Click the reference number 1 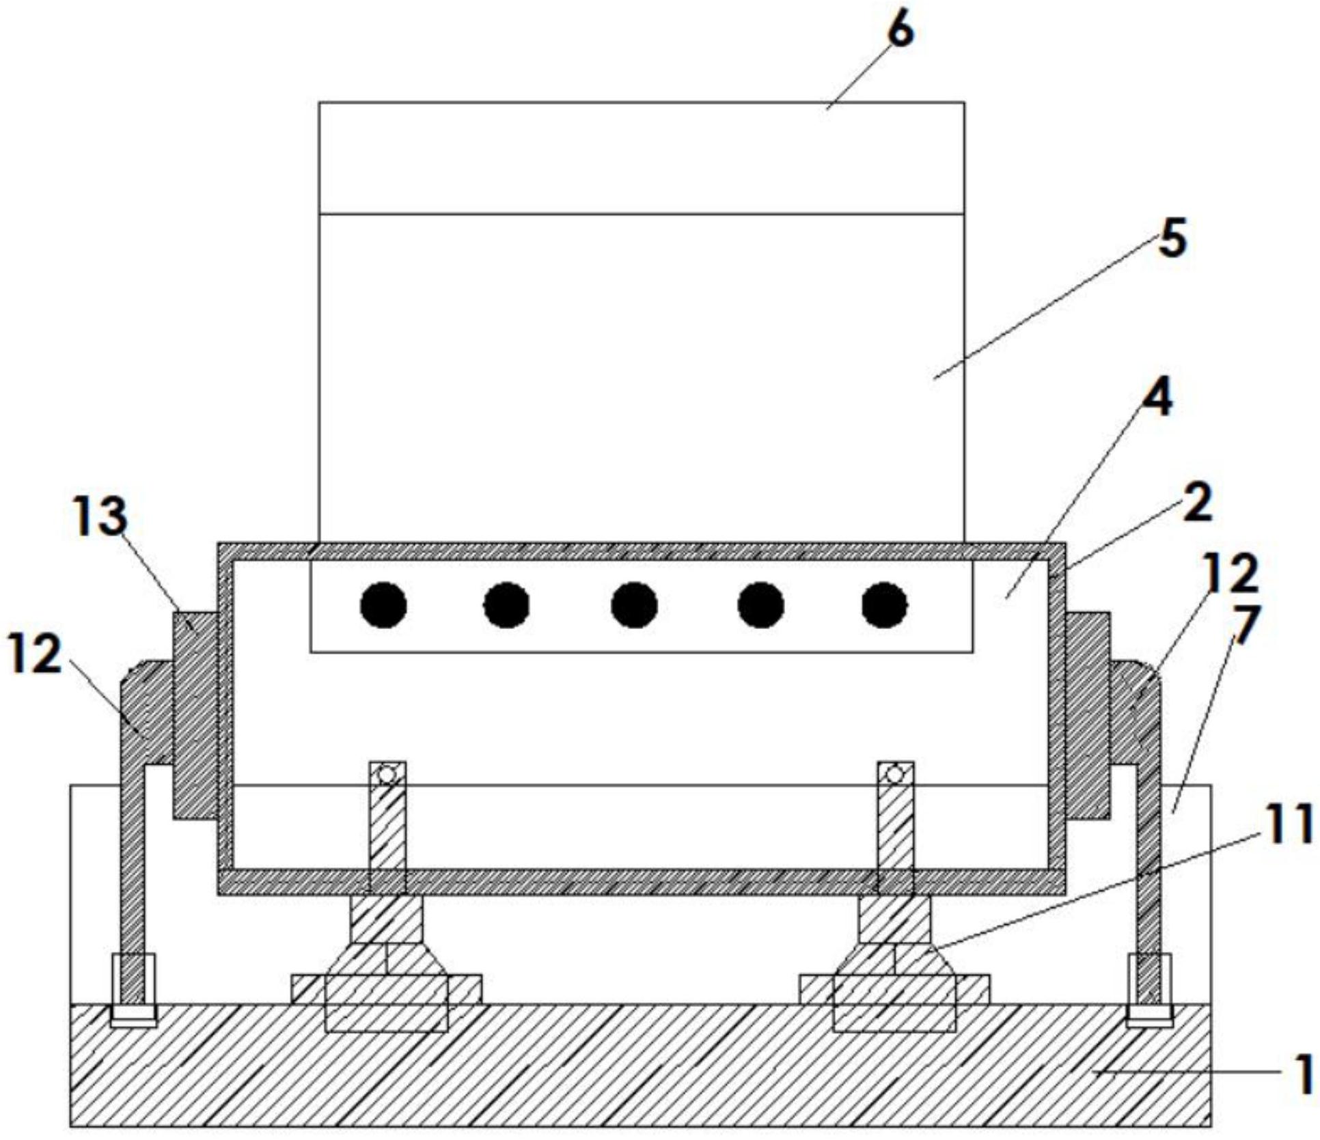[x=1304, y=1072]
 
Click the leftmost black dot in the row [x=384, y=605]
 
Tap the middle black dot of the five [x=635, y=605]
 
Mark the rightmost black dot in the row [x=885, y=605]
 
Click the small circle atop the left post [x=387, y=775]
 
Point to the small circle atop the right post [x=895, y=775]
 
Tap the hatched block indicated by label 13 [x=195, y=714]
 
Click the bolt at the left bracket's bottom [x=133, y=990]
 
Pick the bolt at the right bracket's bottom [x=1149, y=990]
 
